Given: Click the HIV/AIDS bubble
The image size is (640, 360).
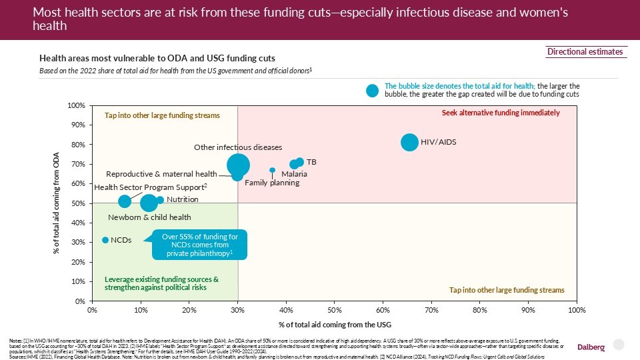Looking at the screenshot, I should tap(409, 142).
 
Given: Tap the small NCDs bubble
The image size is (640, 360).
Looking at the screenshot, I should tap(105, 240).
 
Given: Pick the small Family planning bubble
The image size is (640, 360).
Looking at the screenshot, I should tap(272, 170).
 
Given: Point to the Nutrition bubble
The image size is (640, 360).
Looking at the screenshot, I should tap(160, 200).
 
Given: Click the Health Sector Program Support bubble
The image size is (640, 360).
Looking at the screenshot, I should tap(125, 201).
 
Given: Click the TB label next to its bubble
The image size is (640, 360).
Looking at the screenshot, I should tap(311, 162).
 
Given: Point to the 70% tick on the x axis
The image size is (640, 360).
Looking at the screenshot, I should tap(431, 310).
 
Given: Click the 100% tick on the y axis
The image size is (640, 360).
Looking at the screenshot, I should tap(75, 106).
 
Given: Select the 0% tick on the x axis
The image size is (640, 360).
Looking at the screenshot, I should tap(93, 310).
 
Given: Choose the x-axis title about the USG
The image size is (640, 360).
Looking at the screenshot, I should tap(334, 324).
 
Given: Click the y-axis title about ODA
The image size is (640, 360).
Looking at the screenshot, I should tap(57, 203).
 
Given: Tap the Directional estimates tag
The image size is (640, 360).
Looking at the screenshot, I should tap(585, 52).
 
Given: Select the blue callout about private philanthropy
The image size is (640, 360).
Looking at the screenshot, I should tap(200, 245).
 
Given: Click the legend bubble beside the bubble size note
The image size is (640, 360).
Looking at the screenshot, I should tap(373, 90).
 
